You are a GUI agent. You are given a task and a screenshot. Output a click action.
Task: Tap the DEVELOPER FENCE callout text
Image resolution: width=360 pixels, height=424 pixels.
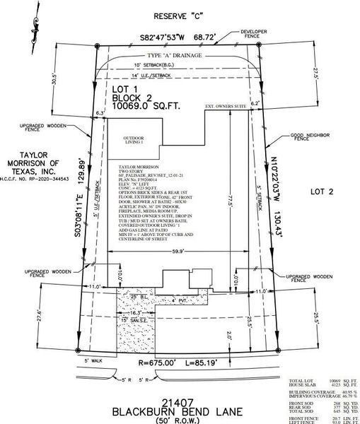(x=298, y=37)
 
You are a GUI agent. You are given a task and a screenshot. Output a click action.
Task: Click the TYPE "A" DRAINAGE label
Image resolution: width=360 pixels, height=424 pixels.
(x=174, y=54)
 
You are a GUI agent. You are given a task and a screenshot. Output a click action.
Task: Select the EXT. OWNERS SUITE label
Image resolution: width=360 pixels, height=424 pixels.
(x=226, y=107)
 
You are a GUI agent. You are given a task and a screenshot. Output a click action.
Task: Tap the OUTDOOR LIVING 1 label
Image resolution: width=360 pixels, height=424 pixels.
(x=134, y=140)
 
